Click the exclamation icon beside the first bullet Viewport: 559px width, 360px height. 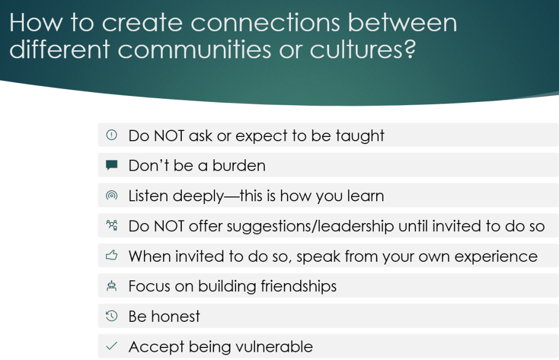tap(111, 135)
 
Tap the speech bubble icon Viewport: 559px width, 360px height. tap(111, 165)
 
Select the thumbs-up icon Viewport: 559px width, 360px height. tap(111, 255)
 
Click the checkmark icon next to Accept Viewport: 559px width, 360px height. tap(111, 346)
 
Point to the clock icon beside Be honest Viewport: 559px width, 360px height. tap(111, 316)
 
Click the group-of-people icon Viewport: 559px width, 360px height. tap(111, 225)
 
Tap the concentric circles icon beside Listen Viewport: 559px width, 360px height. tap(111, 195)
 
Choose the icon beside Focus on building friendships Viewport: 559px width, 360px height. tap(111, 286)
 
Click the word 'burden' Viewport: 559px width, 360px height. tap(239, 166)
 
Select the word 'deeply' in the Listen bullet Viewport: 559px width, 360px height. tap(198, 196)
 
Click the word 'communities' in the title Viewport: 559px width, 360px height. tap(194, 49)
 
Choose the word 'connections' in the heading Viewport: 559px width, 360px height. tap(265, 23)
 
